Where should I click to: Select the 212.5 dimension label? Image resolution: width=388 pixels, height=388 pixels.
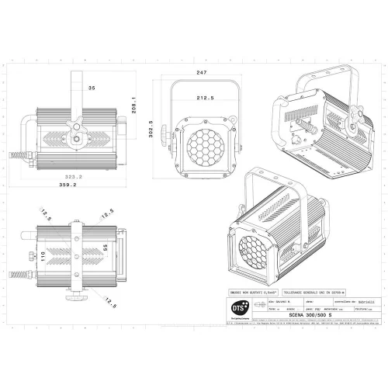pyautogui.click(x=206, y=99)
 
